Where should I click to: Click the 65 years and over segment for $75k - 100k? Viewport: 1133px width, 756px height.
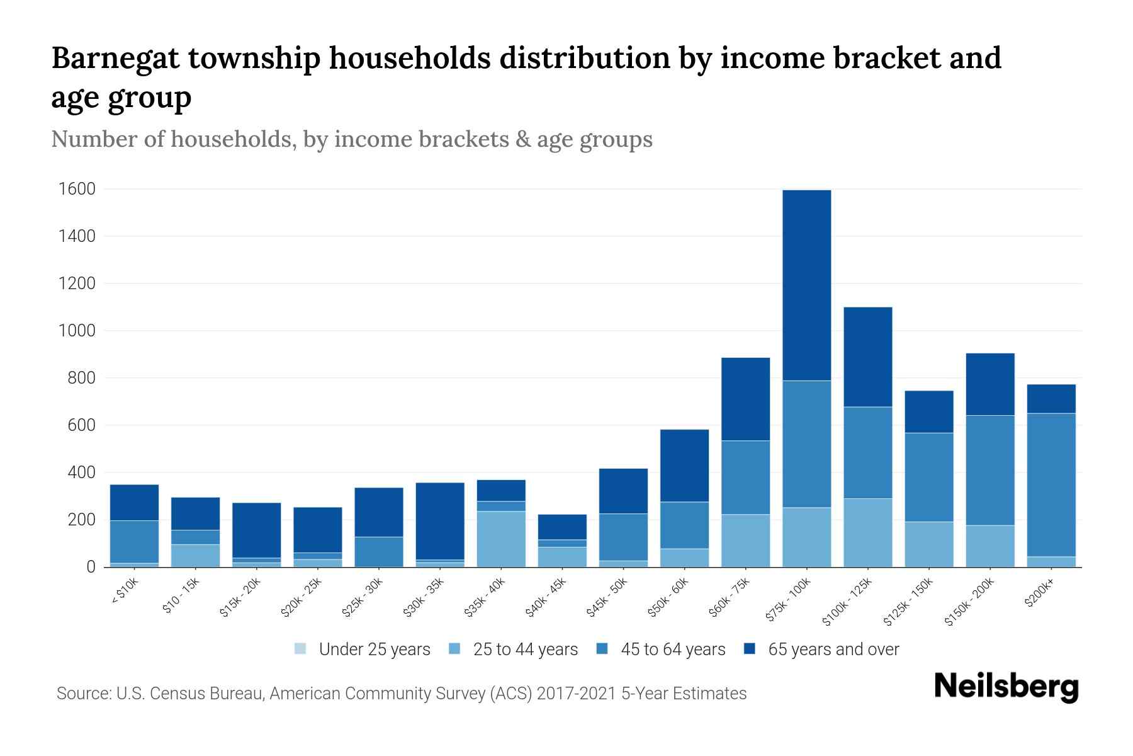coord(806,285)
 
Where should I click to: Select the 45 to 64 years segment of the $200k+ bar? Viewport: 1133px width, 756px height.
coord(1051,484)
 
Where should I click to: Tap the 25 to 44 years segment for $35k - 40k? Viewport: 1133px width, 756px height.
coord(501,539)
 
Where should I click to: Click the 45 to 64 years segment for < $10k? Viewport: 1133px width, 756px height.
coord(134,541)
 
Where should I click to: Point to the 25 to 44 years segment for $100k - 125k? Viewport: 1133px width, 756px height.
coord(867,532)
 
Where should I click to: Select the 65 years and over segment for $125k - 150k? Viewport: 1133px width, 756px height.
coord(928,411)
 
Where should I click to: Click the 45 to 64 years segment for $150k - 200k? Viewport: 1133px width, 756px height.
coord(989,470)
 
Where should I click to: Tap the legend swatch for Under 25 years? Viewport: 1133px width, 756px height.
coord(300,649)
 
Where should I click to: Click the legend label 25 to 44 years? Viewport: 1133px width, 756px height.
coord(525,650)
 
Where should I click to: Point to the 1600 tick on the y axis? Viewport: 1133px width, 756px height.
coord(77,189)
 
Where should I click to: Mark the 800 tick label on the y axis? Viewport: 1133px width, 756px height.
coord(82,378)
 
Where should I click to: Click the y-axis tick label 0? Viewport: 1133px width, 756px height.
coord(91,567)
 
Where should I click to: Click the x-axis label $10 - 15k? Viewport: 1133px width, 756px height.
coord(181,595)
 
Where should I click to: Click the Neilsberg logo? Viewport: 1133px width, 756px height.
coord(1006,687)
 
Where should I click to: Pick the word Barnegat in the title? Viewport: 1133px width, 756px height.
coord(114,59)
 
